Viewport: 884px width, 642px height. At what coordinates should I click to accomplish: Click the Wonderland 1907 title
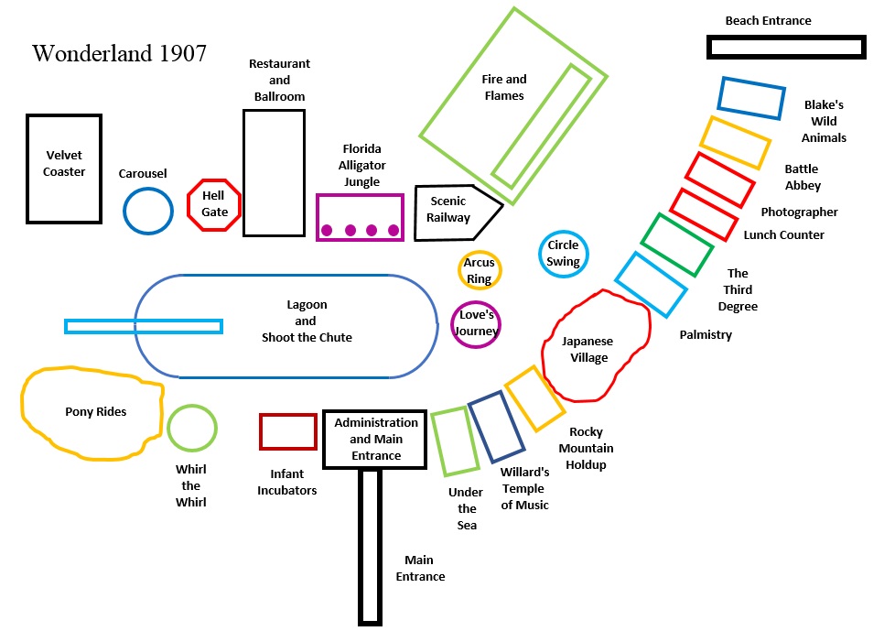tap(119, 53)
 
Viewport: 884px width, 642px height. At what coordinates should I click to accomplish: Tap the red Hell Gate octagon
tap(214, 204)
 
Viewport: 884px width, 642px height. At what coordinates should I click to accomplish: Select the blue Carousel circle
tap(148, 211)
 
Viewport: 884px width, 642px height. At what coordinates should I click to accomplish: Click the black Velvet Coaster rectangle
tap(64, 169)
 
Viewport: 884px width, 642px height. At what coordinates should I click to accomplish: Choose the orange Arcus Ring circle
tap(480, 270)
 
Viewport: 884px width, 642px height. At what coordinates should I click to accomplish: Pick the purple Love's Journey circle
tap(477, 324)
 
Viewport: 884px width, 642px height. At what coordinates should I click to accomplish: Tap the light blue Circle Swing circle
tap(564, 254)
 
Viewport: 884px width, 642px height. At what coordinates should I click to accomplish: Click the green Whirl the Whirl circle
tap(192, 428)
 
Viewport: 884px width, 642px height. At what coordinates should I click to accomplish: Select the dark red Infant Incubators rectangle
tap(288, 431)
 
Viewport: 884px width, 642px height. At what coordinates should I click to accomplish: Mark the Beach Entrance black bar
tap(786, 47)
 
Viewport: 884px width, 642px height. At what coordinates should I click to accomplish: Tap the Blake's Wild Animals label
tap(824, 121)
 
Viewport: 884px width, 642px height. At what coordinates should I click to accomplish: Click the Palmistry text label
tap(706, 335)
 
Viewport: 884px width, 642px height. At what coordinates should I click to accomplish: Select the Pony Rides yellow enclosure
tap(92, 412)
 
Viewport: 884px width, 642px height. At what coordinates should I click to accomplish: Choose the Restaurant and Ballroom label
tap(279, 80)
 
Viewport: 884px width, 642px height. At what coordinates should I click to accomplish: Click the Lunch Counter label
tap(783, 235)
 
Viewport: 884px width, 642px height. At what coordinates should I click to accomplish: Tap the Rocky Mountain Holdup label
tap(586, 448)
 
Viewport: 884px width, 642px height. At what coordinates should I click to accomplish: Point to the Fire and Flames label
tap(504, 87)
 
